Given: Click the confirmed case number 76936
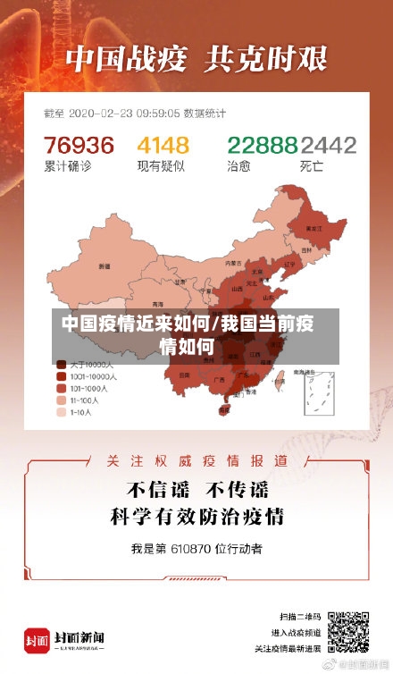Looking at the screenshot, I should coord(79,145).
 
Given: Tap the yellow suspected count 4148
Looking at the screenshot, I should coord(163,145).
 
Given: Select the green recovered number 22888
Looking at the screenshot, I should coord(262,145).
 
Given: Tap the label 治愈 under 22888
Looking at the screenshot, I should coord(238,166).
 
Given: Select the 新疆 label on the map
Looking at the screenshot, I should coord(105,265).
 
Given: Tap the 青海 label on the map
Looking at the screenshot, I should coord(157,303).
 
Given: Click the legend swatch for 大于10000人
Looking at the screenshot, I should coord(61,365).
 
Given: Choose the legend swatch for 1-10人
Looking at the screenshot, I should coord(61,413).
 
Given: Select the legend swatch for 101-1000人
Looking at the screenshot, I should coord(61,389).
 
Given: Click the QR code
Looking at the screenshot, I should coord(347,632).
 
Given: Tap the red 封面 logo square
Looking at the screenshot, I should coord(37,640).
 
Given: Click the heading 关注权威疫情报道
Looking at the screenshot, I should coord(196,460).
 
